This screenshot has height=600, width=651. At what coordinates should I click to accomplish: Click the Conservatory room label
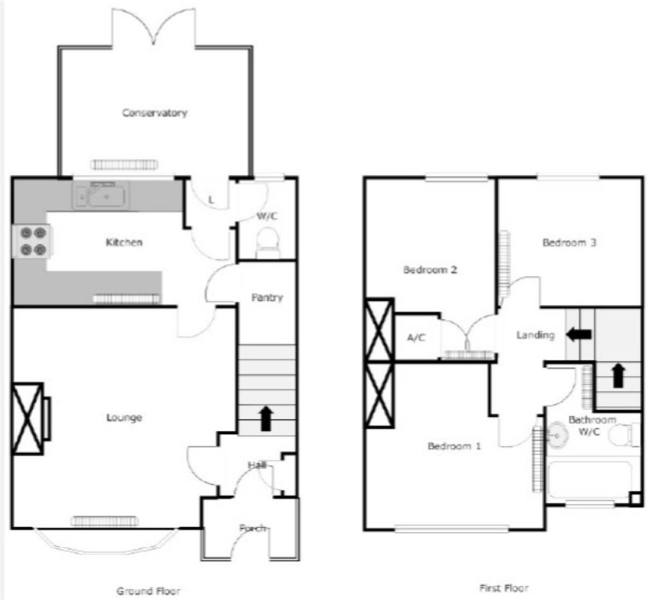coord(155,113)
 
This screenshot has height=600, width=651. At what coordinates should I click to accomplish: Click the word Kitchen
coord(124,242)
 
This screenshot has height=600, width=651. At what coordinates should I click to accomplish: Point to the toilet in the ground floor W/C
coord(268,244)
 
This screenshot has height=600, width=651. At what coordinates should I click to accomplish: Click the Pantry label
coord(267,298)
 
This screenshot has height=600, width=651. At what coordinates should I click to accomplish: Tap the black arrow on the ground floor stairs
coord(266,418)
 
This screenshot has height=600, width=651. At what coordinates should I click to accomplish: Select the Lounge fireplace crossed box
coord(27,418)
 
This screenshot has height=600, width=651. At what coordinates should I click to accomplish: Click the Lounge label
coord(124,417)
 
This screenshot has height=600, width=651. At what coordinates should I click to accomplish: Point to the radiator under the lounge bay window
coord(105,521)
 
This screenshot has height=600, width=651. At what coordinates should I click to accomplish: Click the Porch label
coord(252,528)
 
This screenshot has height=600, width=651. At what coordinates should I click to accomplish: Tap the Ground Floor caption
coord(148,591)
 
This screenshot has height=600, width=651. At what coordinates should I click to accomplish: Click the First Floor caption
coord(504,587)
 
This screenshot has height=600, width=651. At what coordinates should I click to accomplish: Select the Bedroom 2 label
coord(430,270)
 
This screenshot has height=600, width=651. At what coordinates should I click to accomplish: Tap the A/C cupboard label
coord(416,337)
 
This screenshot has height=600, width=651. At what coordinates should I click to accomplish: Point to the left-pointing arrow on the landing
coord(579,334)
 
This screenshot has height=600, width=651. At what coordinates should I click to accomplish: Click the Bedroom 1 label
coord(454,446)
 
